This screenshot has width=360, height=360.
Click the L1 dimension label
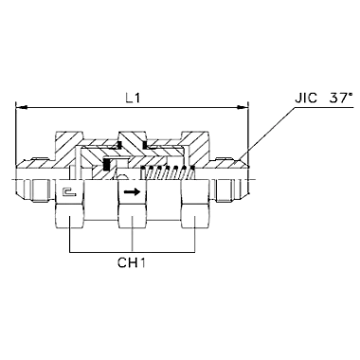coord(133,99)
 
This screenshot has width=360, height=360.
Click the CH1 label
coord(132,262)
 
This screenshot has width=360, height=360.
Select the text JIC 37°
coord(324,98)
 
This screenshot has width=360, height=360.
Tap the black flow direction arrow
coord(132,191)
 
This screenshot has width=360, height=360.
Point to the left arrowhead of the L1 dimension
coord(21,107)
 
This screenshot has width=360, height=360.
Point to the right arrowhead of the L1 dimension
coord(243,107)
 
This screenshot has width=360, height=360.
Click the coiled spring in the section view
coord(167,172)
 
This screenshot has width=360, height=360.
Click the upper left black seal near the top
coord(119,145)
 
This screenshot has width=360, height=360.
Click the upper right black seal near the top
coord(144,145)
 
